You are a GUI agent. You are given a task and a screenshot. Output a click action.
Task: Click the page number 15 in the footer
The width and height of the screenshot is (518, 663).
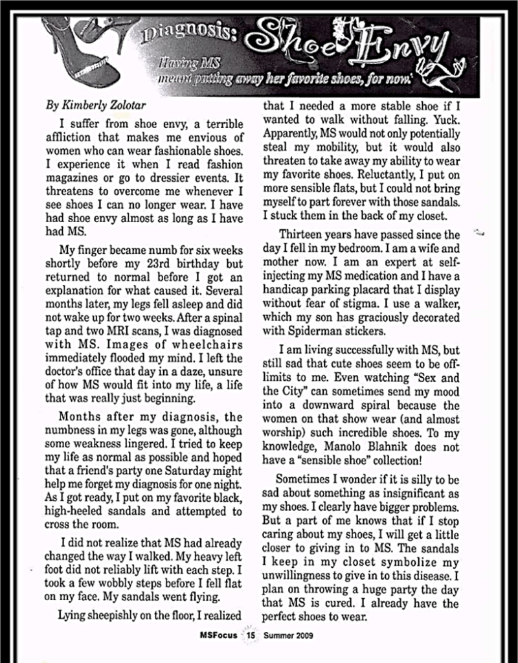pyautogui.click(x=251, y=636)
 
